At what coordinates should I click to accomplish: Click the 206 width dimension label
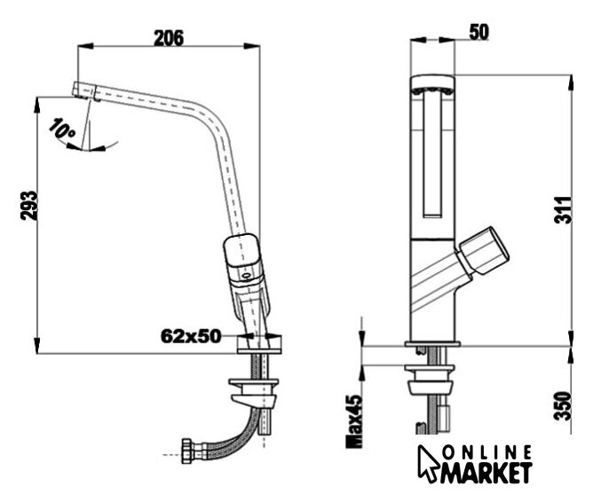pos(169,38)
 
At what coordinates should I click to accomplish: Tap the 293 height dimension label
pos(29,206)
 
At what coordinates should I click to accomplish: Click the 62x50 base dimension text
pos(191,336)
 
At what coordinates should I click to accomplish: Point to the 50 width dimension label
pos(478,32)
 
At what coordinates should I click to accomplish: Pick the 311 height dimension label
pos(563,210)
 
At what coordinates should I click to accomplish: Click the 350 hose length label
pos(563,406)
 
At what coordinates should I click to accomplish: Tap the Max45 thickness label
pos(354,421)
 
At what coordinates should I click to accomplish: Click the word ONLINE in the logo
pos(488,453)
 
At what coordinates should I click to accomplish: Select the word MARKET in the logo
pos(486,473)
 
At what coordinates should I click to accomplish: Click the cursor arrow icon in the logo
pos(428,463)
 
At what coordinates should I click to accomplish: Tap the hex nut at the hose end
pos(187,451)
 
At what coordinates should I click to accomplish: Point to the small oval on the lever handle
pos(246,276)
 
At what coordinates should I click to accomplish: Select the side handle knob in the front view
pos(483,250)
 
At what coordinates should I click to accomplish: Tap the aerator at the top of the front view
pos(432,91)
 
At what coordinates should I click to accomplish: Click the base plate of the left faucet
pos(259,344)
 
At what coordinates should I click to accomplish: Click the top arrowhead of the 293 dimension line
pos(37,106)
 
